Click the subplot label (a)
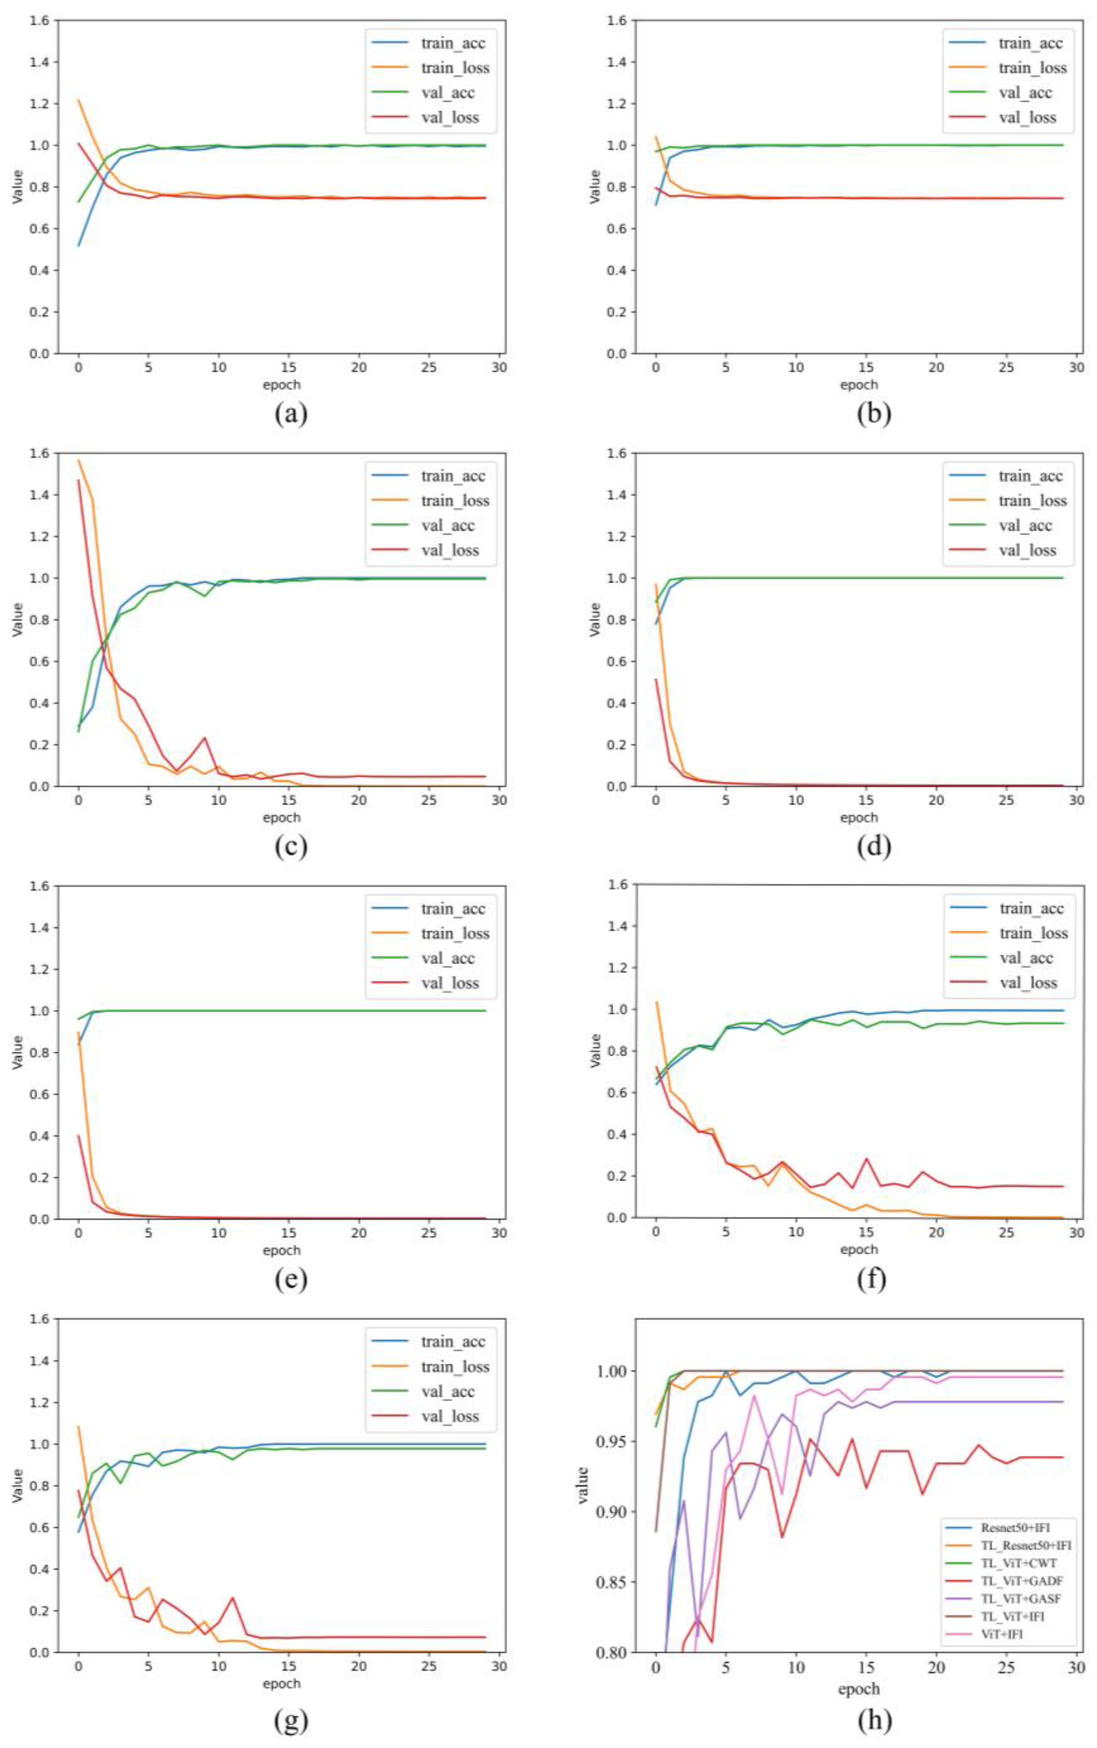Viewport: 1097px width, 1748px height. pyautogui.click(x=291, y=413)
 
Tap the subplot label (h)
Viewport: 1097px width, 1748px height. pyautogui.click(x=874, y=1719)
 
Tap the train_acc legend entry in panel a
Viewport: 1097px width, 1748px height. pyautogui.click(x=453, y=43)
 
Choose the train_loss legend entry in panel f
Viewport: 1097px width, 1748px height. pyautogui.click(x=1033, y=933)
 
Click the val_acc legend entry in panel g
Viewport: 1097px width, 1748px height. pyautogui.click(x=448, y=1391)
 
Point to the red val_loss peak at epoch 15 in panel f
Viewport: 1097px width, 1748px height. pyautogui.click(x=866, y=1158)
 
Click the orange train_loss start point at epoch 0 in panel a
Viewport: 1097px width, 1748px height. pyautogui.click(x=78, y=100)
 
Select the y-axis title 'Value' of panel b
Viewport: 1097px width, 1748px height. pyautogui.click(x=595, y=186)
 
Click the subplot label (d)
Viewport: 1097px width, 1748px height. pyautogui.click(x=874, y=846)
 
